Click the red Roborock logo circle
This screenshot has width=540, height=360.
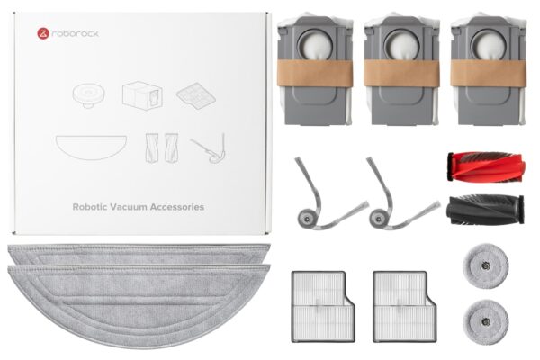point(43,34)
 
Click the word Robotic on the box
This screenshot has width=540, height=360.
point(89,207)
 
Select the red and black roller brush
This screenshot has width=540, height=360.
point(486,166)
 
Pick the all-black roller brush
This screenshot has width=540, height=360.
point(485,210)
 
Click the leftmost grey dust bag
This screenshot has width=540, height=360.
point(315,69)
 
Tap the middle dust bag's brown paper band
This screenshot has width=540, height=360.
point(401,73)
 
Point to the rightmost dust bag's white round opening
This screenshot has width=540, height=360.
point(489,44)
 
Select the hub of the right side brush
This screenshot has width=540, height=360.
point(378,219)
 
